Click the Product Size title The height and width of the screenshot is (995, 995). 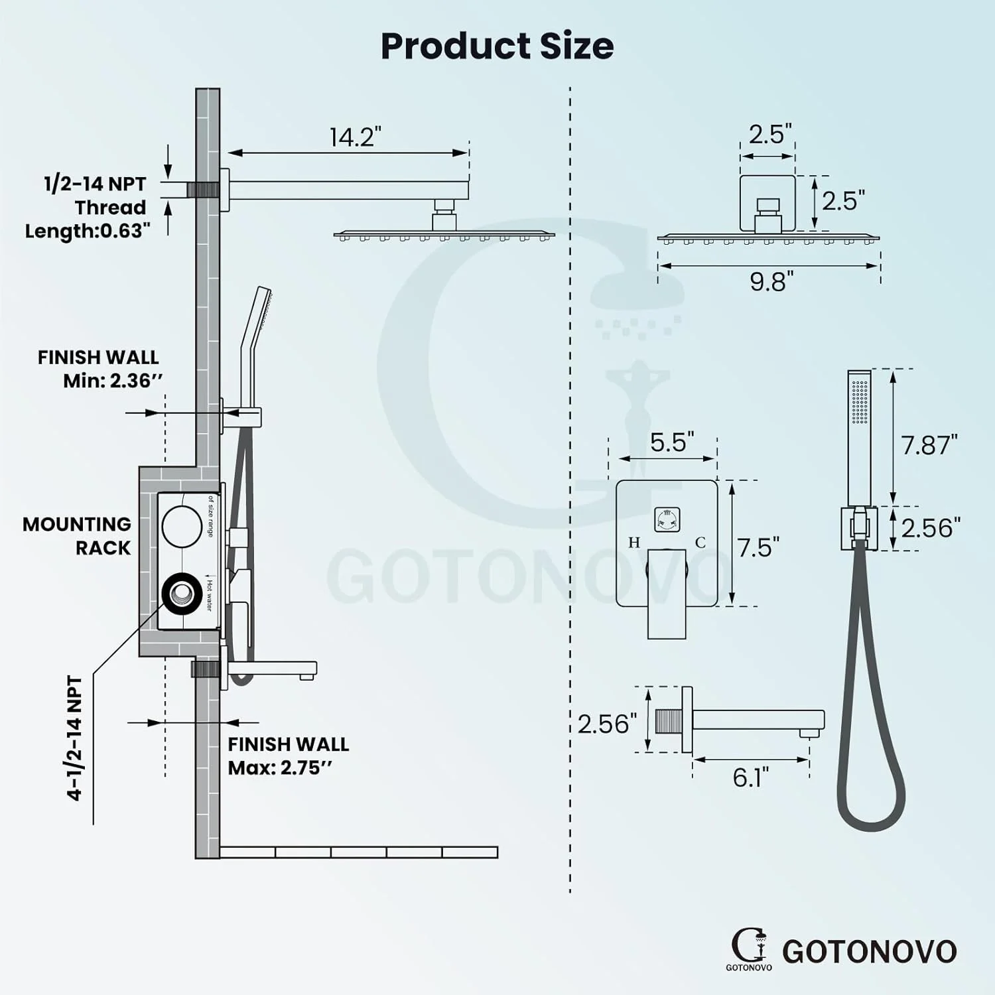pos(497,46)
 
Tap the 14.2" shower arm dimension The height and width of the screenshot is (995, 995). pos(356,137)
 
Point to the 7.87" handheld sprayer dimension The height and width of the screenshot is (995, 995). pos(929,445)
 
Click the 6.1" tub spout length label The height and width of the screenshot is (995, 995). pos(751,777)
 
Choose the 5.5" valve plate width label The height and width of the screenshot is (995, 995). pos(672,442)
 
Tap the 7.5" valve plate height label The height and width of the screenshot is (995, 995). pos(759,548)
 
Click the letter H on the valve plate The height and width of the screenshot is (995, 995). pos(634,543)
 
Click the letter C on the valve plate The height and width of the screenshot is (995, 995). pos(700,543)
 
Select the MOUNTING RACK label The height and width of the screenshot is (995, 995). pos(77,536)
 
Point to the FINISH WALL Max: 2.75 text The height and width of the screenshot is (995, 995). pos(289,756)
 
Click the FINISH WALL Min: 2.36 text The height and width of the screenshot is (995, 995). pos(98,369)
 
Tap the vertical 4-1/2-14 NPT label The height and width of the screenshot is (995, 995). pos(75,738)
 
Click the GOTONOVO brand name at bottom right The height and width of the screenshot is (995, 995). pos(870,951)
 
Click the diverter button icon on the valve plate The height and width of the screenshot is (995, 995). pos(666,519)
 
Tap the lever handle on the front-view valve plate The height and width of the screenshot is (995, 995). pos(667,594)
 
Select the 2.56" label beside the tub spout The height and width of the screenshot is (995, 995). pos(607,724)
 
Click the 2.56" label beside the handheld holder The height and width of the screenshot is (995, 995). pos(931,528)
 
